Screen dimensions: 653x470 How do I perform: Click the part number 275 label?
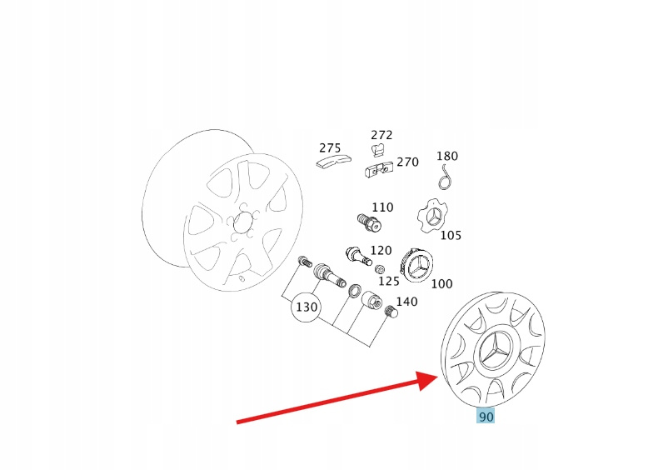[330, 148]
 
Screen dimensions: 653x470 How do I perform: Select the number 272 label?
[381, 135]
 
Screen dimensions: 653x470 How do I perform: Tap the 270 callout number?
[408, 162]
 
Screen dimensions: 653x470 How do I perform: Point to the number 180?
[447, 156]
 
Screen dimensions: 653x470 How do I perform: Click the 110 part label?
[382, 207]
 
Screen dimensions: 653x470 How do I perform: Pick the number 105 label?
[451, 235]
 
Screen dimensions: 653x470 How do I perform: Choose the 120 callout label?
[381, 250]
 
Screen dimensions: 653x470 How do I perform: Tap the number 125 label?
[388, 282]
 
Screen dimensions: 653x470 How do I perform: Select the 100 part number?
[441, 283]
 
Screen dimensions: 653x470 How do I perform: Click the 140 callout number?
[406, 302]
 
